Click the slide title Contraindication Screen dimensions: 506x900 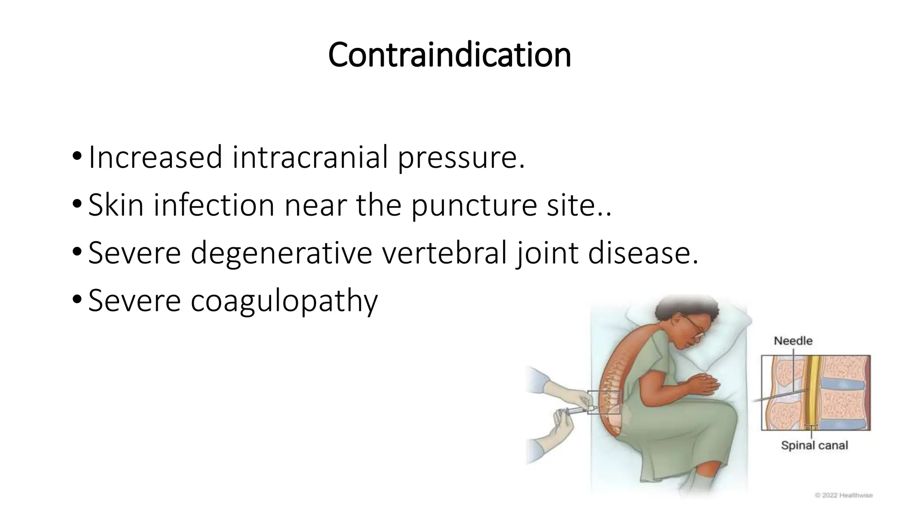click(x=449, y=55)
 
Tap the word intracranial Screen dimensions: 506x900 click(x=310, y=157)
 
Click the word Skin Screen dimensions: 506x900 click(x=116, y=205)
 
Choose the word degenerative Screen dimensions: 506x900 click(x=281, y=254)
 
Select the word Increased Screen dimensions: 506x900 click(x=155, y=157)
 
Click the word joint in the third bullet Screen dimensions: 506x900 click(x=548, y=254)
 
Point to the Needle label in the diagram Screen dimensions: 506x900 click(x=793, y=340)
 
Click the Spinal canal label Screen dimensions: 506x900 click(x=814, y=445)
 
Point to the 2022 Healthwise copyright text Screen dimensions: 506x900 click(x=844, y=495)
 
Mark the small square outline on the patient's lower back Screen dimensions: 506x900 click(x=604, y=402)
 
